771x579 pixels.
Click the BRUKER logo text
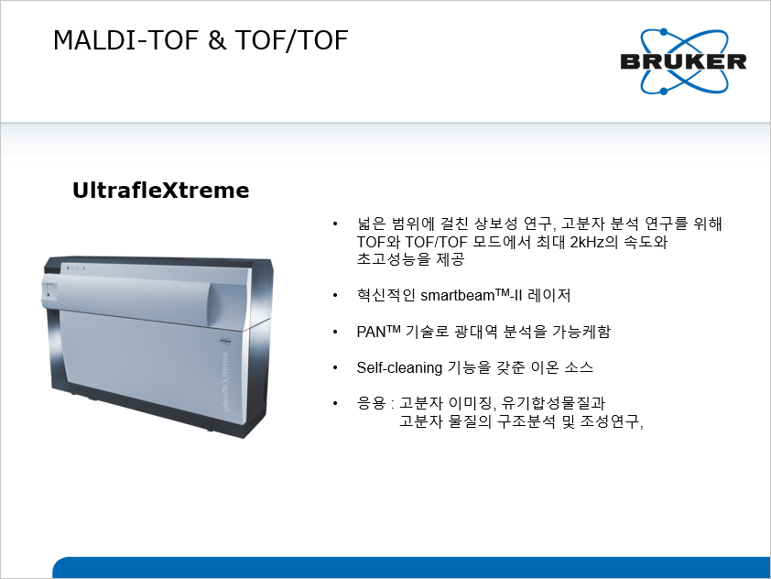click(x=683, y=61)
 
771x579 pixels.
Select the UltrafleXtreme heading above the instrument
click(x=161, y=191)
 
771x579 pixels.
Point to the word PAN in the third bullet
click(x=371, y=332)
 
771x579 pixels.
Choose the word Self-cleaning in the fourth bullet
click(x=399, y=368)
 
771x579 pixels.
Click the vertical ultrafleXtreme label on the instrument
click(x=225, y=382)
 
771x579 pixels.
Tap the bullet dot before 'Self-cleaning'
click(x=335, y=368)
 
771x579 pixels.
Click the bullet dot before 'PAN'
click(x=335, y=332)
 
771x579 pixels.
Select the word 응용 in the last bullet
click(x=371, y=403)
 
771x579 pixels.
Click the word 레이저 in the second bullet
click(x=548, y=295)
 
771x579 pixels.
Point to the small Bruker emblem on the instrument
click(x=225, y=341)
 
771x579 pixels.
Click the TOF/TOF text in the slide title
click(x=291, y=40)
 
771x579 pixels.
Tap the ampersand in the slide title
click(x=216, y=40)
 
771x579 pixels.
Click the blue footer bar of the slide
click(x=411, y=567)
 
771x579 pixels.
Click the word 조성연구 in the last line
click(x=610, y=421)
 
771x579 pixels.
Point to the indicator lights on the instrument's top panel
click(x=76, y=268)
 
